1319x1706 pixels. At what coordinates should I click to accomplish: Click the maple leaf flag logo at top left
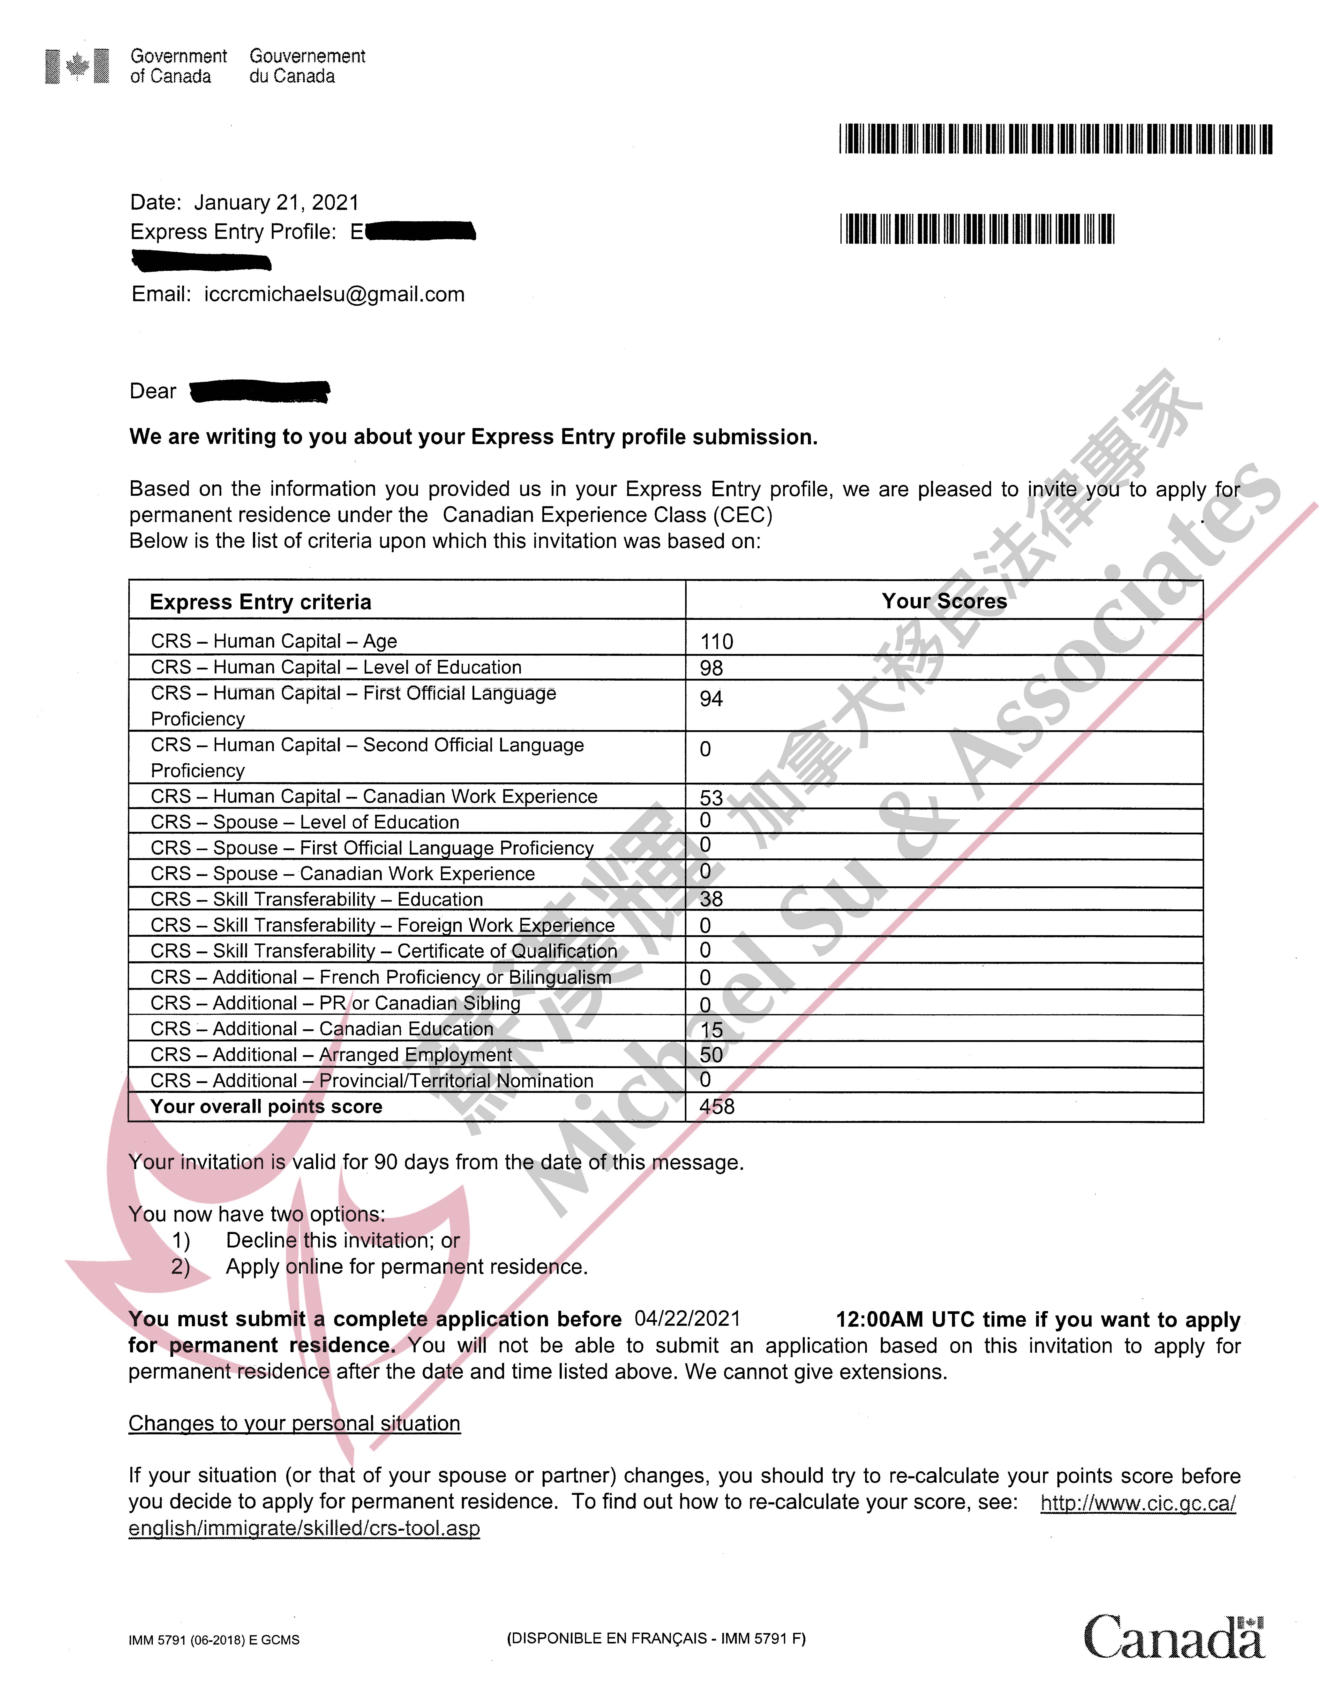(x=77, y=66)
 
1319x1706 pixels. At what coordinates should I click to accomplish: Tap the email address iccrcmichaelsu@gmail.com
(x=334, y=294)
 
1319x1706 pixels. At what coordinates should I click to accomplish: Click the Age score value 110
(x=717, y=642)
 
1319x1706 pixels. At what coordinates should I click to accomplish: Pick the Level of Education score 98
(x=711, y=668)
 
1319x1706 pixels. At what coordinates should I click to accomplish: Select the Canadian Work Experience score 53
(x=711, y=797)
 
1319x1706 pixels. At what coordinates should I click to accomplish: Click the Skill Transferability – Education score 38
(x=711, y=899)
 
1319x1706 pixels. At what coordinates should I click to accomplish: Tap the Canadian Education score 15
(x=711, y=1030)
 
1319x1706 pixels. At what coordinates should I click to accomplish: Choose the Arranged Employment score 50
(x=711, y=1055)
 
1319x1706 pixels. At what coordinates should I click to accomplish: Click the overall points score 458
(x=717, y=1107)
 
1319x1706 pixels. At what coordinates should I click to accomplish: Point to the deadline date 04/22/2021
(x=687, y=1319)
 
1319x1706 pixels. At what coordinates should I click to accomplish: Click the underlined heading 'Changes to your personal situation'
(x=295, y=1423)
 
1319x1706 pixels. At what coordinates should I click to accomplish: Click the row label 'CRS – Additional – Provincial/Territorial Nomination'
(x=372, y=1081)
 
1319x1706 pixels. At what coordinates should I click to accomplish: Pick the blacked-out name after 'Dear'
(x=260, y=391)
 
